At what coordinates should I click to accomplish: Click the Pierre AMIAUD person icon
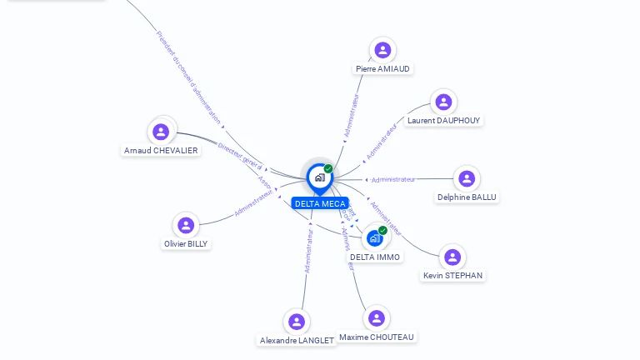coord(382,50)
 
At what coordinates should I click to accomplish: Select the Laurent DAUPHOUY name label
coord(444,120)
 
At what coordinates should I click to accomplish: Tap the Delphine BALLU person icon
coord(467,178)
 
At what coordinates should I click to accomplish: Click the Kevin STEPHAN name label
coord(452,276)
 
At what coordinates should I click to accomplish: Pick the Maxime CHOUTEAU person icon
coord(377,317)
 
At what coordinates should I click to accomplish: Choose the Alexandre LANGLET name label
coord(297,341)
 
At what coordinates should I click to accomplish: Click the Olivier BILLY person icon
coord(186,225)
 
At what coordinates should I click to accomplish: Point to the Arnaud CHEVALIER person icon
coord(161,132)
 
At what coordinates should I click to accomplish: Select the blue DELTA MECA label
coord(320,203)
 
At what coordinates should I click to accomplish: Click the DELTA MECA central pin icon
coord(319,177)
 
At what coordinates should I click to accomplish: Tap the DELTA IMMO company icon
coord(375,238)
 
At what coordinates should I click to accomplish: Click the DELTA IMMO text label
coord(375,257)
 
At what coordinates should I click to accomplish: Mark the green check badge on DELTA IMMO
coord(382,230)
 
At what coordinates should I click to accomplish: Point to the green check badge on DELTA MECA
coord(328,168)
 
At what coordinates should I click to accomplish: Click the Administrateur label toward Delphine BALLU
coord(393,179)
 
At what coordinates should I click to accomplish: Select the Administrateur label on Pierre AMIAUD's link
coord(351,115)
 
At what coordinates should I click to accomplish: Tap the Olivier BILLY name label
coord(186,244)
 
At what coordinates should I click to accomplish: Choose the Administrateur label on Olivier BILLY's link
coord(253,202)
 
